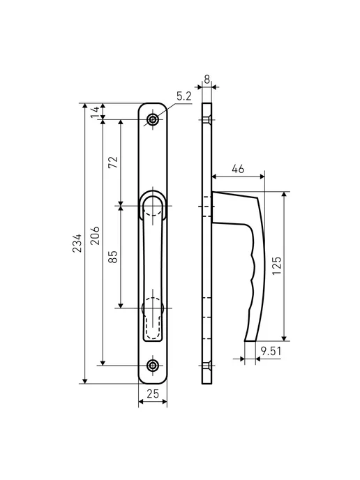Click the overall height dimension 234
pos(77,243)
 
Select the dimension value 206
pos(95,235)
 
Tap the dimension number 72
pos(113,163)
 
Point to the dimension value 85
pos(113,257)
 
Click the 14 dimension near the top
pos(95,111)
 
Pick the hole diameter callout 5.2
pos(184,96)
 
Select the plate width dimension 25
pos(153,393)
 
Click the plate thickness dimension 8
pos(207,80)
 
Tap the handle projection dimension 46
pos(238,169)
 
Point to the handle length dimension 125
pos(276,266)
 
